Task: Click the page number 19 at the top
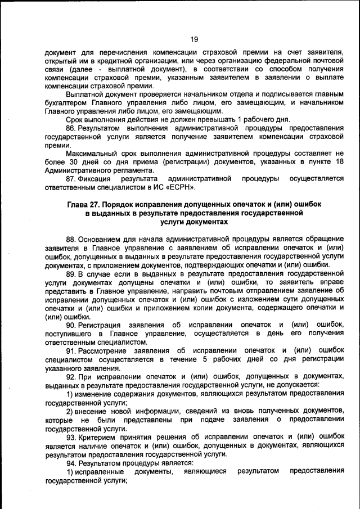click(x=194, y=39)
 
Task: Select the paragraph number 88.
click(x=71, y=239)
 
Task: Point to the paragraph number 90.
click(x=71, y=325)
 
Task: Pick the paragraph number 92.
click(x=71, y=376)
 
